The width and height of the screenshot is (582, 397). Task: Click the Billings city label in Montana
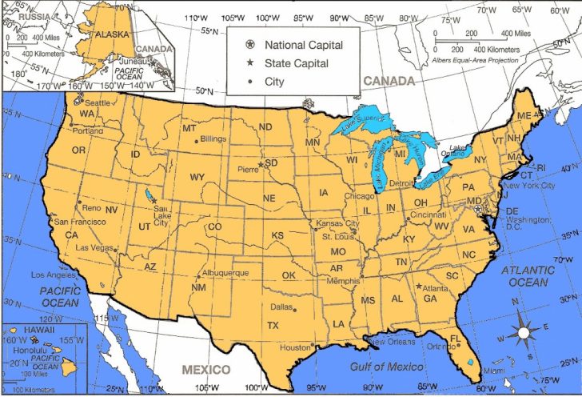[x=213, y=138]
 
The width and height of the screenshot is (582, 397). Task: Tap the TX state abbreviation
[x=273, y=325]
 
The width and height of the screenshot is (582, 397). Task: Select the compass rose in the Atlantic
[x=524, y=332]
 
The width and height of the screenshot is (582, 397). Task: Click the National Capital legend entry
[x=305, y=45]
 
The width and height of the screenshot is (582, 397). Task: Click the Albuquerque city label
[x=227, y=273]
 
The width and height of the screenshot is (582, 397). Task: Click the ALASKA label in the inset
[x=113, y=34]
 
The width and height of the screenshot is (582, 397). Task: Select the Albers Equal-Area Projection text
[x=475, y=59]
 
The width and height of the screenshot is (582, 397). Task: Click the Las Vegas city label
[x=94, y=247]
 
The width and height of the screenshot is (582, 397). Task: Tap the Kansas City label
[x=338, y=223]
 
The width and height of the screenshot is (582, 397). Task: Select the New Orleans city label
[x=393, y=342]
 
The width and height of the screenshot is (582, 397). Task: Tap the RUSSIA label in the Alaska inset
[x=19, y=15]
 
